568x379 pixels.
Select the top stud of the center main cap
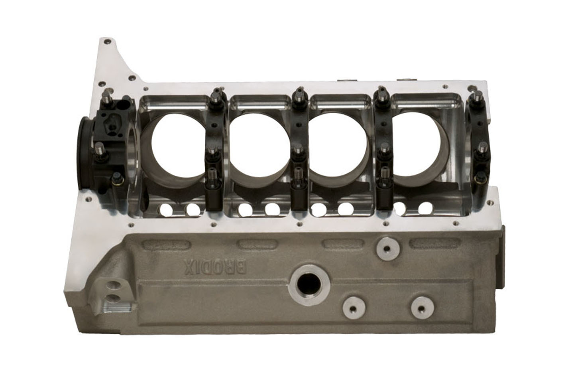297,96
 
